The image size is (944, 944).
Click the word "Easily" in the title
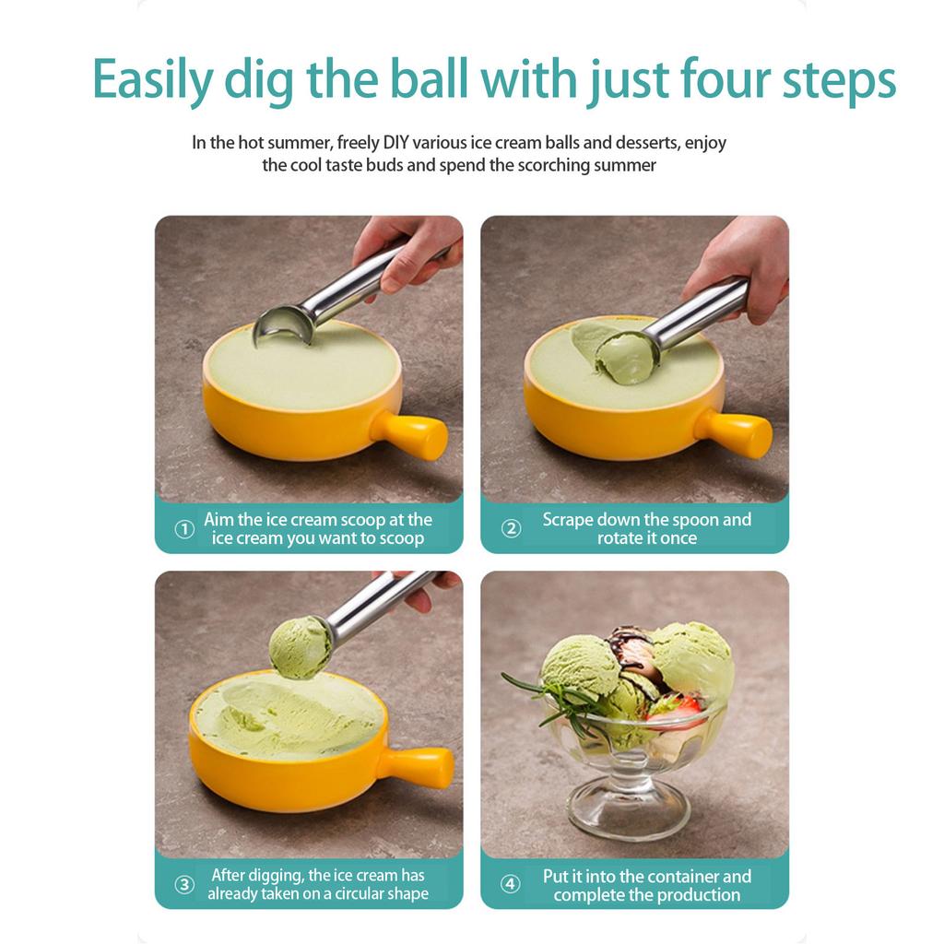point(152,80)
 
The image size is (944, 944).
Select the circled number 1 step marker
point(184,529)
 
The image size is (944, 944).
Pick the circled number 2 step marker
point(511,529)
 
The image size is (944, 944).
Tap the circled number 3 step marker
point(184,885)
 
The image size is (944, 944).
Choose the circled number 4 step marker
point(511,885)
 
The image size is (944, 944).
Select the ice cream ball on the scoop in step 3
point(300,647)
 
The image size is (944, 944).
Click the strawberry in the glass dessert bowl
point(673,708)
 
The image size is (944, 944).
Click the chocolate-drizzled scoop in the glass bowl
point(631,655)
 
